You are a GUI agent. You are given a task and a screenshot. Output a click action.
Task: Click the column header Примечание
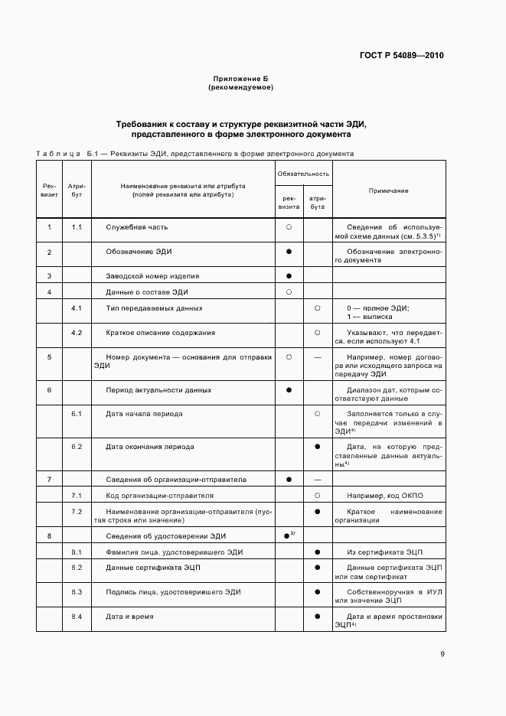[x=388, y=190]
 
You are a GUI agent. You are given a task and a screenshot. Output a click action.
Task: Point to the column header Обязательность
[x=303, y=174]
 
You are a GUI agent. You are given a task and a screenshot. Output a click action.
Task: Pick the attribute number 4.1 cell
[x=77, y=308]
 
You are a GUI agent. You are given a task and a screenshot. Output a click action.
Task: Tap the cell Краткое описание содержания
[x=160, y=333]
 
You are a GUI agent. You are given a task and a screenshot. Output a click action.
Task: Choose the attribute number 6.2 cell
[x=77, y=446]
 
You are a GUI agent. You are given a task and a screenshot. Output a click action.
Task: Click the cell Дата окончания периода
[x=150, y=446]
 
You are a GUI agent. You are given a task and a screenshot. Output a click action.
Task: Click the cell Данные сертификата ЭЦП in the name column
[x=149, y=568]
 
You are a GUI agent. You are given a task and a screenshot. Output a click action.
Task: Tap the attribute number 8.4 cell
[x=77, y=617]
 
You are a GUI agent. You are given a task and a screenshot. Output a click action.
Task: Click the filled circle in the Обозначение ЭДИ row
[x=289, y=252]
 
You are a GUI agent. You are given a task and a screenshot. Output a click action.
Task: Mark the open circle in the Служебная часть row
[x=289, y=227]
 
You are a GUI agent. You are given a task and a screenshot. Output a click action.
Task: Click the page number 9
[x=442, y=653]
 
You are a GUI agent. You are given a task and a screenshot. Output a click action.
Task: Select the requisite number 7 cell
[x=49, y=480]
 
